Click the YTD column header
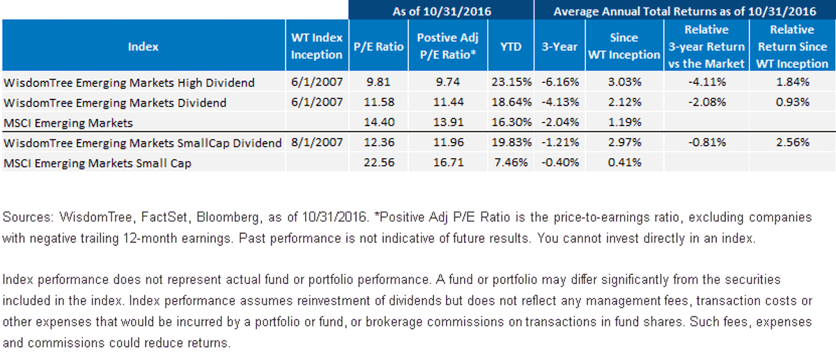[511, 47]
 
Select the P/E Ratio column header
[378, 47]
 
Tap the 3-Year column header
[559, 47]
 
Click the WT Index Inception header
[317, 46]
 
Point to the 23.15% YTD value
[511, 82]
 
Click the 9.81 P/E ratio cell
[378, 82]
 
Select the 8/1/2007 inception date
[317, 143]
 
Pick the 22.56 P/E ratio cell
[379, 163]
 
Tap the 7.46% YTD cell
[511, 163]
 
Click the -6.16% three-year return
[560, 82]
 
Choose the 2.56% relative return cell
[793, 143]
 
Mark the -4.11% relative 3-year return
[707, 82]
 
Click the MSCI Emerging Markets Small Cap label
[98, 164]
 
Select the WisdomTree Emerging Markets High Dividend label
[129, 82]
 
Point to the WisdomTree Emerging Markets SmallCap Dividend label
[143, 143]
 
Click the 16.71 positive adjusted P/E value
[448, 163]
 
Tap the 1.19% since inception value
[624, 123]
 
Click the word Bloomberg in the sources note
[228, 217]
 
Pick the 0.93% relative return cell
[793, 102]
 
